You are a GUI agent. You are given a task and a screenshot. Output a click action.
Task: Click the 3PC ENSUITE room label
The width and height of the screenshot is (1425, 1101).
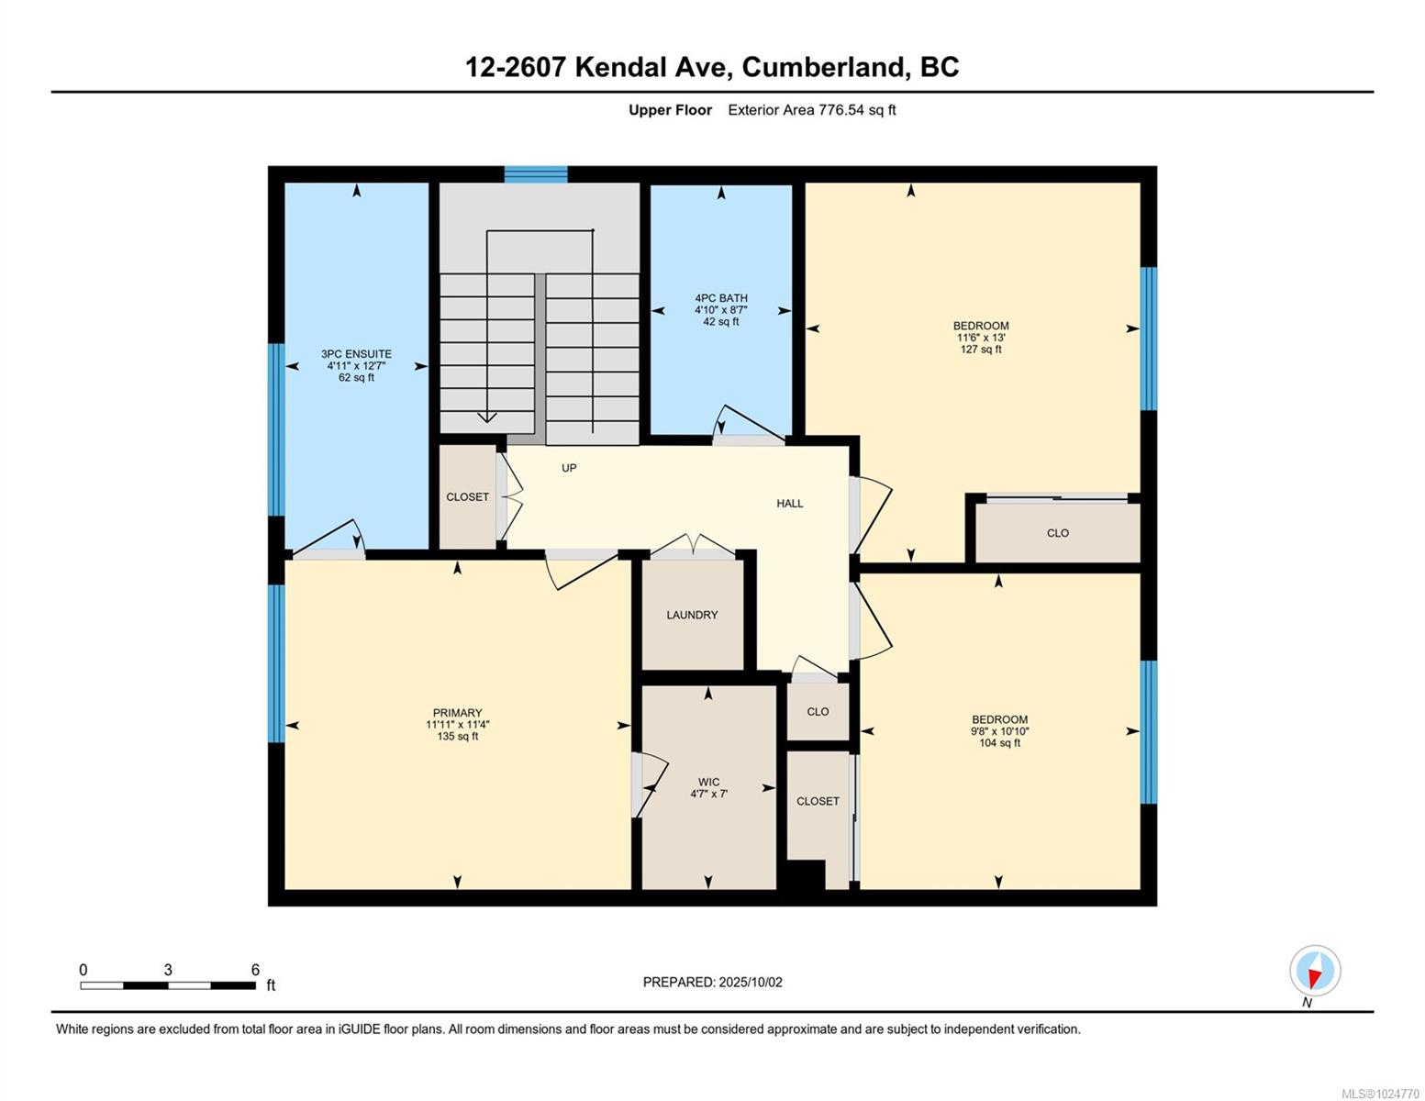click(x=356, y=354)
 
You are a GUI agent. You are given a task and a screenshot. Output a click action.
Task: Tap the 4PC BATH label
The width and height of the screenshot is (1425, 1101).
click(x=721, y=298)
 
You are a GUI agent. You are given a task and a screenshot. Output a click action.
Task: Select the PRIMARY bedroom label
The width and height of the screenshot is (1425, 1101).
click(x=457, y=713)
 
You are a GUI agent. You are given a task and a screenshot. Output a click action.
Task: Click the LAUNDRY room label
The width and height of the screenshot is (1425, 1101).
click(x=692, y=615)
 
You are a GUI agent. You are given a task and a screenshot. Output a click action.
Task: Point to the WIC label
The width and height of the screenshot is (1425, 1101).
click(x=708, y=783)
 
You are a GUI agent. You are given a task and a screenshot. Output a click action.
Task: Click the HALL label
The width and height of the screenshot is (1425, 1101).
click(x=789, y=504)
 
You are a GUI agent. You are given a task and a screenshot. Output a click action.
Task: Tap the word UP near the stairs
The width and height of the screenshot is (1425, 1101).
click(x=569, y=468)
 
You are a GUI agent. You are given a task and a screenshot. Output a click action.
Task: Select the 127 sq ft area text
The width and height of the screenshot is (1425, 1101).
click(x=981, y=350)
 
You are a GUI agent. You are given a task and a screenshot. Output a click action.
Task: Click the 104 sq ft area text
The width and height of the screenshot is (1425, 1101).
click(x=999, y=743)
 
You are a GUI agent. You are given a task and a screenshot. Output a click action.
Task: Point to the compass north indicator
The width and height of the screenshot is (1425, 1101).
click(x=1315, y=972)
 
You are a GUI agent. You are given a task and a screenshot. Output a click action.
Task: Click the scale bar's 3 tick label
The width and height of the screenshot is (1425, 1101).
click(x=168, y=970)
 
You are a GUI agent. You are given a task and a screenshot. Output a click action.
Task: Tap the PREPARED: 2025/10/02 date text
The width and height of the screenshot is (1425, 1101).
click(x=712, y=982)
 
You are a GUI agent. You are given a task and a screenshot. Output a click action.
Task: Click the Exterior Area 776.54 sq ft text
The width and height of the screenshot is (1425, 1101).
click(x=811, y=110)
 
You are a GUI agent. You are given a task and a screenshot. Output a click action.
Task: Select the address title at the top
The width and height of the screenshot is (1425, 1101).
click(x=712, y=67)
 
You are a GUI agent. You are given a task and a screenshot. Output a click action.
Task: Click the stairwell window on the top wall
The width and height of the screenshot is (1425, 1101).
click(x=536, y=174)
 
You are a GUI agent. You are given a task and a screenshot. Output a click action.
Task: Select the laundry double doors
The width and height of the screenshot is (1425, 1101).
click(x=693, y=548)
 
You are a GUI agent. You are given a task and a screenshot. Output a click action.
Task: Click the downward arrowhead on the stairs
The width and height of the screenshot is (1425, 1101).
click(x=487, y=417)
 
